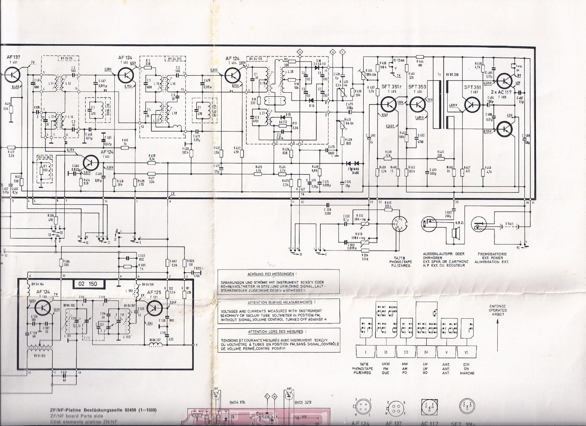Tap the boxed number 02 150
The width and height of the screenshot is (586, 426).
pos(88,284)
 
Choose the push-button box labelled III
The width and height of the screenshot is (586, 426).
pos(406,351)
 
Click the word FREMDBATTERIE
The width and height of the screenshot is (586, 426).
pos(489,254)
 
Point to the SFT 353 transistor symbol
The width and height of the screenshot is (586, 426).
pos(418,104)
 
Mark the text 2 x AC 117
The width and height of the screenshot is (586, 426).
pos(501,92)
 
